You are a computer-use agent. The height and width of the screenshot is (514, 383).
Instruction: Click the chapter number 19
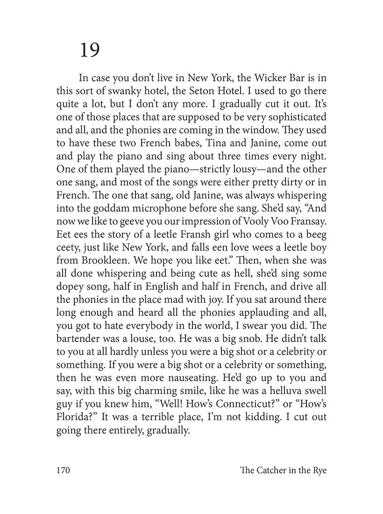pyautogui.click(x=90, y=50)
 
